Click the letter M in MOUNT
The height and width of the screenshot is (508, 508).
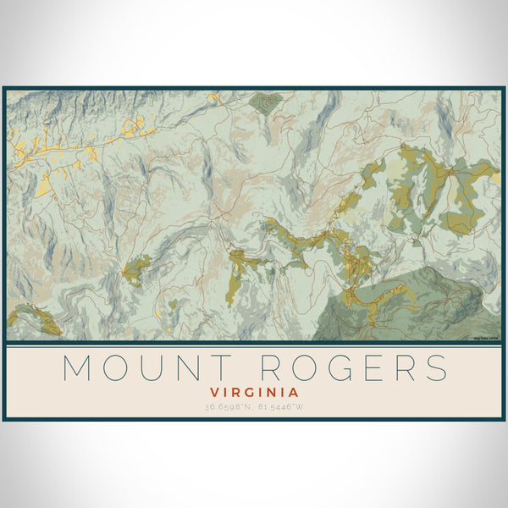(80, 369)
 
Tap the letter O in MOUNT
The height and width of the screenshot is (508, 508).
(124, 369)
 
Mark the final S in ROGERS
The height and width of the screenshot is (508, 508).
(436, 369)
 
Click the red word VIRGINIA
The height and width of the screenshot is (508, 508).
(254, 393)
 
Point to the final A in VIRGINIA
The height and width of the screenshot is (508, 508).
(293, 393)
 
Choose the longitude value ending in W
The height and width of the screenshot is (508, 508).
(279, 406)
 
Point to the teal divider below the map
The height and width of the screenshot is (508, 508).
(254, 343)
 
